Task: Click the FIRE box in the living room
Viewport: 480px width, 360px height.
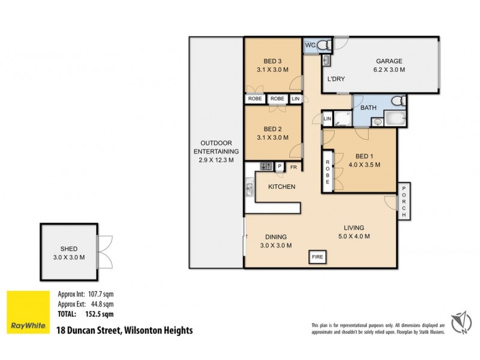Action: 317,257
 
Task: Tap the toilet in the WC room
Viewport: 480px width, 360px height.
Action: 323,44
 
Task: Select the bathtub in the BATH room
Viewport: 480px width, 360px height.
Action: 395,119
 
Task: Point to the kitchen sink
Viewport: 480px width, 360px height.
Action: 249,191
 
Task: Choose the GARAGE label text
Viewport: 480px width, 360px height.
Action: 389,61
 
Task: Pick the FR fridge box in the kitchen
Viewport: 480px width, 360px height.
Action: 294,167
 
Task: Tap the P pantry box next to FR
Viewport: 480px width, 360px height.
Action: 280,167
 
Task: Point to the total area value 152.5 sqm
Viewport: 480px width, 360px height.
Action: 95,313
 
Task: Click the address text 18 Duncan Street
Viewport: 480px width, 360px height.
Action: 124,329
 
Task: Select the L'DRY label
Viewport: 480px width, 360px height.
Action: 335,79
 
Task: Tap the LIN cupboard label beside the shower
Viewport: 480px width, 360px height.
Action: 327,119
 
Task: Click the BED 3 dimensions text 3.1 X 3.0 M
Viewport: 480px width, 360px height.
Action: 272,70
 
